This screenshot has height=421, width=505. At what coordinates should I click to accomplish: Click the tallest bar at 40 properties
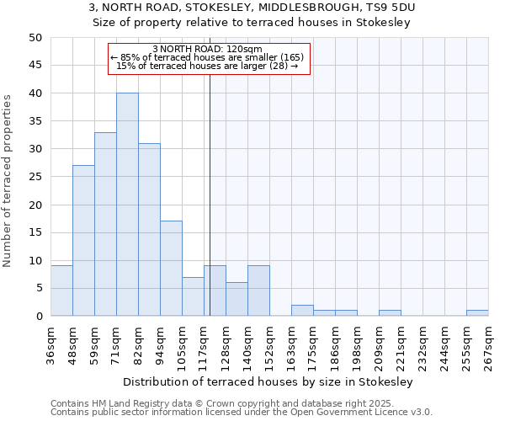127,205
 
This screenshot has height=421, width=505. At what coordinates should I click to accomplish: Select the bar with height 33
105,224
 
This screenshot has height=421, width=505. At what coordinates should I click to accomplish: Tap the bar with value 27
83,241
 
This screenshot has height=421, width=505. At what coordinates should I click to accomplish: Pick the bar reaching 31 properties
149,230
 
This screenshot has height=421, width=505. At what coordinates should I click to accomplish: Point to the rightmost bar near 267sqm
477,313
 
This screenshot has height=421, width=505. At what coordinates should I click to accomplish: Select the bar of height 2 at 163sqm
302,311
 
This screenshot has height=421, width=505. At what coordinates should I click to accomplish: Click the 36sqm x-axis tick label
51,342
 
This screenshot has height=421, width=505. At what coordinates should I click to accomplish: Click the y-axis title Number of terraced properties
8,180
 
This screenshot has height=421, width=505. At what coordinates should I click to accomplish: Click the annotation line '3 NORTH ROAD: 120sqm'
209,49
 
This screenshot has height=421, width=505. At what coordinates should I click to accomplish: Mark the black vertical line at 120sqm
210,210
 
